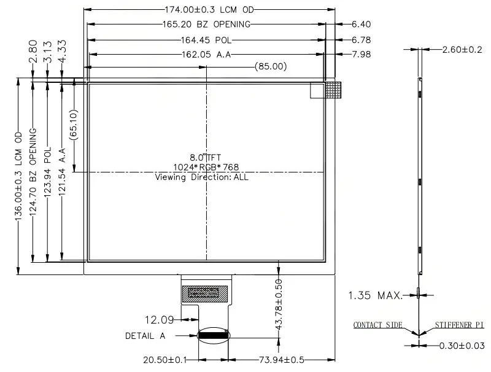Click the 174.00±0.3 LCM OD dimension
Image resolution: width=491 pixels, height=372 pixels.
[x=209, y=10]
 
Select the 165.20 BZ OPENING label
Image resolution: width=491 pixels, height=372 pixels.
[x=207, y=25]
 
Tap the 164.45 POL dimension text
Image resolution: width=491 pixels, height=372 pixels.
[x=206, y=40]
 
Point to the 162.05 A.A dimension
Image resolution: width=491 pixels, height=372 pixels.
[x=206, y=55]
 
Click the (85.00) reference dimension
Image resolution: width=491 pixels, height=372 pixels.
[x=271, y=66]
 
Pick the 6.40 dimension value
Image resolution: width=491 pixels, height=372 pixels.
[x=361, y=24]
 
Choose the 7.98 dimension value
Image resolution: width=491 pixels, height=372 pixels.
[x=361, y=55]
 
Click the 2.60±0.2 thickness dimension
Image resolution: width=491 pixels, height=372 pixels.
[x=462, y=50]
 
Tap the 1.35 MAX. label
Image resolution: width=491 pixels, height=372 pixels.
[x=376, y=295]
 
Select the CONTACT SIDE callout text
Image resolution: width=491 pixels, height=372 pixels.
[x=377, y=325]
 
